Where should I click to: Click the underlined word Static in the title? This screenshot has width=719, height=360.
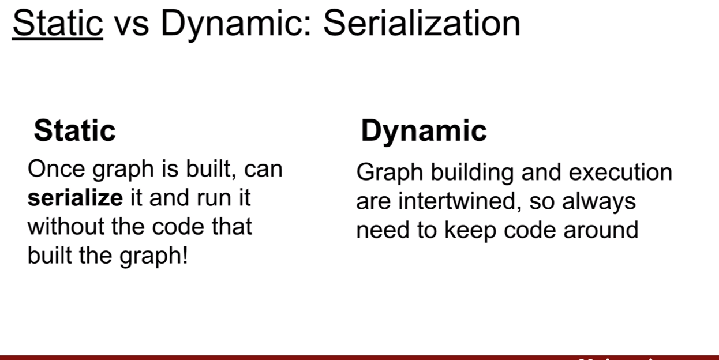click(x=58, y=23)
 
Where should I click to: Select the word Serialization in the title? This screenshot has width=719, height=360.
click(x=422, y=23)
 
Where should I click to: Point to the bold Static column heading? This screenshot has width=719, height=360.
click(x=75, y=130)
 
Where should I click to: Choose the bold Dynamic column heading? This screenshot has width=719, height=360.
click(x=424, y=132)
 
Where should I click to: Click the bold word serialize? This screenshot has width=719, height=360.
click(x=75, y=198)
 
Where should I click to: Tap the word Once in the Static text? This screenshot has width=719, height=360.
click(x=56, y=169)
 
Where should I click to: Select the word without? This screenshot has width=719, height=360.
click(x=66, y=227)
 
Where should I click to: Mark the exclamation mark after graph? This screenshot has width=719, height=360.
click(x=185, y=255)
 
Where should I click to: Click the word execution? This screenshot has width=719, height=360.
click(x=620, y=172)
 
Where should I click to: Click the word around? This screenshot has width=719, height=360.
click(x=601, y=230)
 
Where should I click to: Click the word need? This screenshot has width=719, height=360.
click(x=383, y=230)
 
